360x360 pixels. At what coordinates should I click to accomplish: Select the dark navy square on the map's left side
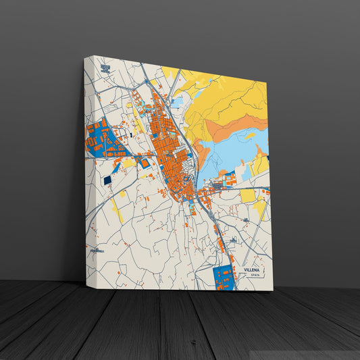106,180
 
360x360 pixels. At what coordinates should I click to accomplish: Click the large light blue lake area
230,151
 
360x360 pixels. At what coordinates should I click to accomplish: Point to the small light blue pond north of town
178,102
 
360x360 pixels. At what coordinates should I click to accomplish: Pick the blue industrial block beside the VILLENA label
223,277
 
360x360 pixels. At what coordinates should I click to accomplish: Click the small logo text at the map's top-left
105,68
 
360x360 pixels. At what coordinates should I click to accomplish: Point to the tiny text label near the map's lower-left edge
95,251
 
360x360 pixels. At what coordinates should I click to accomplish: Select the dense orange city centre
169,149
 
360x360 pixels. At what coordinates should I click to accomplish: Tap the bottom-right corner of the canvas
273,290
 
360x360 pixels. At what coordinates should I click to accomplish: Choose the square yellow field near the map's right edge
248,195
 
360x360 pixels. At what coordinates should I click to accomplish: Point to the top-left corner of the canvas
84,57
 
